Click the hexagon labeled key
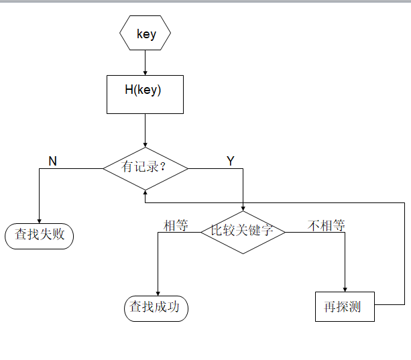point(145,34)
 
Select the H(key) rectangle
point(145,94)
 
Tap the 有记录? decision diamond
point(145,168)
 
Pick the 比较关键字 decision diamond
point(243,231)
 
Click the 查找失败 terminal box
point(40,235)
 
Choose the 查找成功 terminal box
point(156,308)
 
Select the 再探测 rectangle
point(345,307)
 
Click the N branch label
point(53,162)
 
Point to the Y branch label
point(231,162)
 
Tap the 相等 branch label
point(176,226)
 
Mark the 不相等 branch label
point(327,226)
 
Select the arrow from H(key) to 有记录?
point(145,130)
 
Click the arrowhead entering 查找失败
point(40,220)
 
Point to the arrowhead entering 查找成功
point(157,292)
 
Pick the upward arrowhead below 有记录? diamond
point(145,192)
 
